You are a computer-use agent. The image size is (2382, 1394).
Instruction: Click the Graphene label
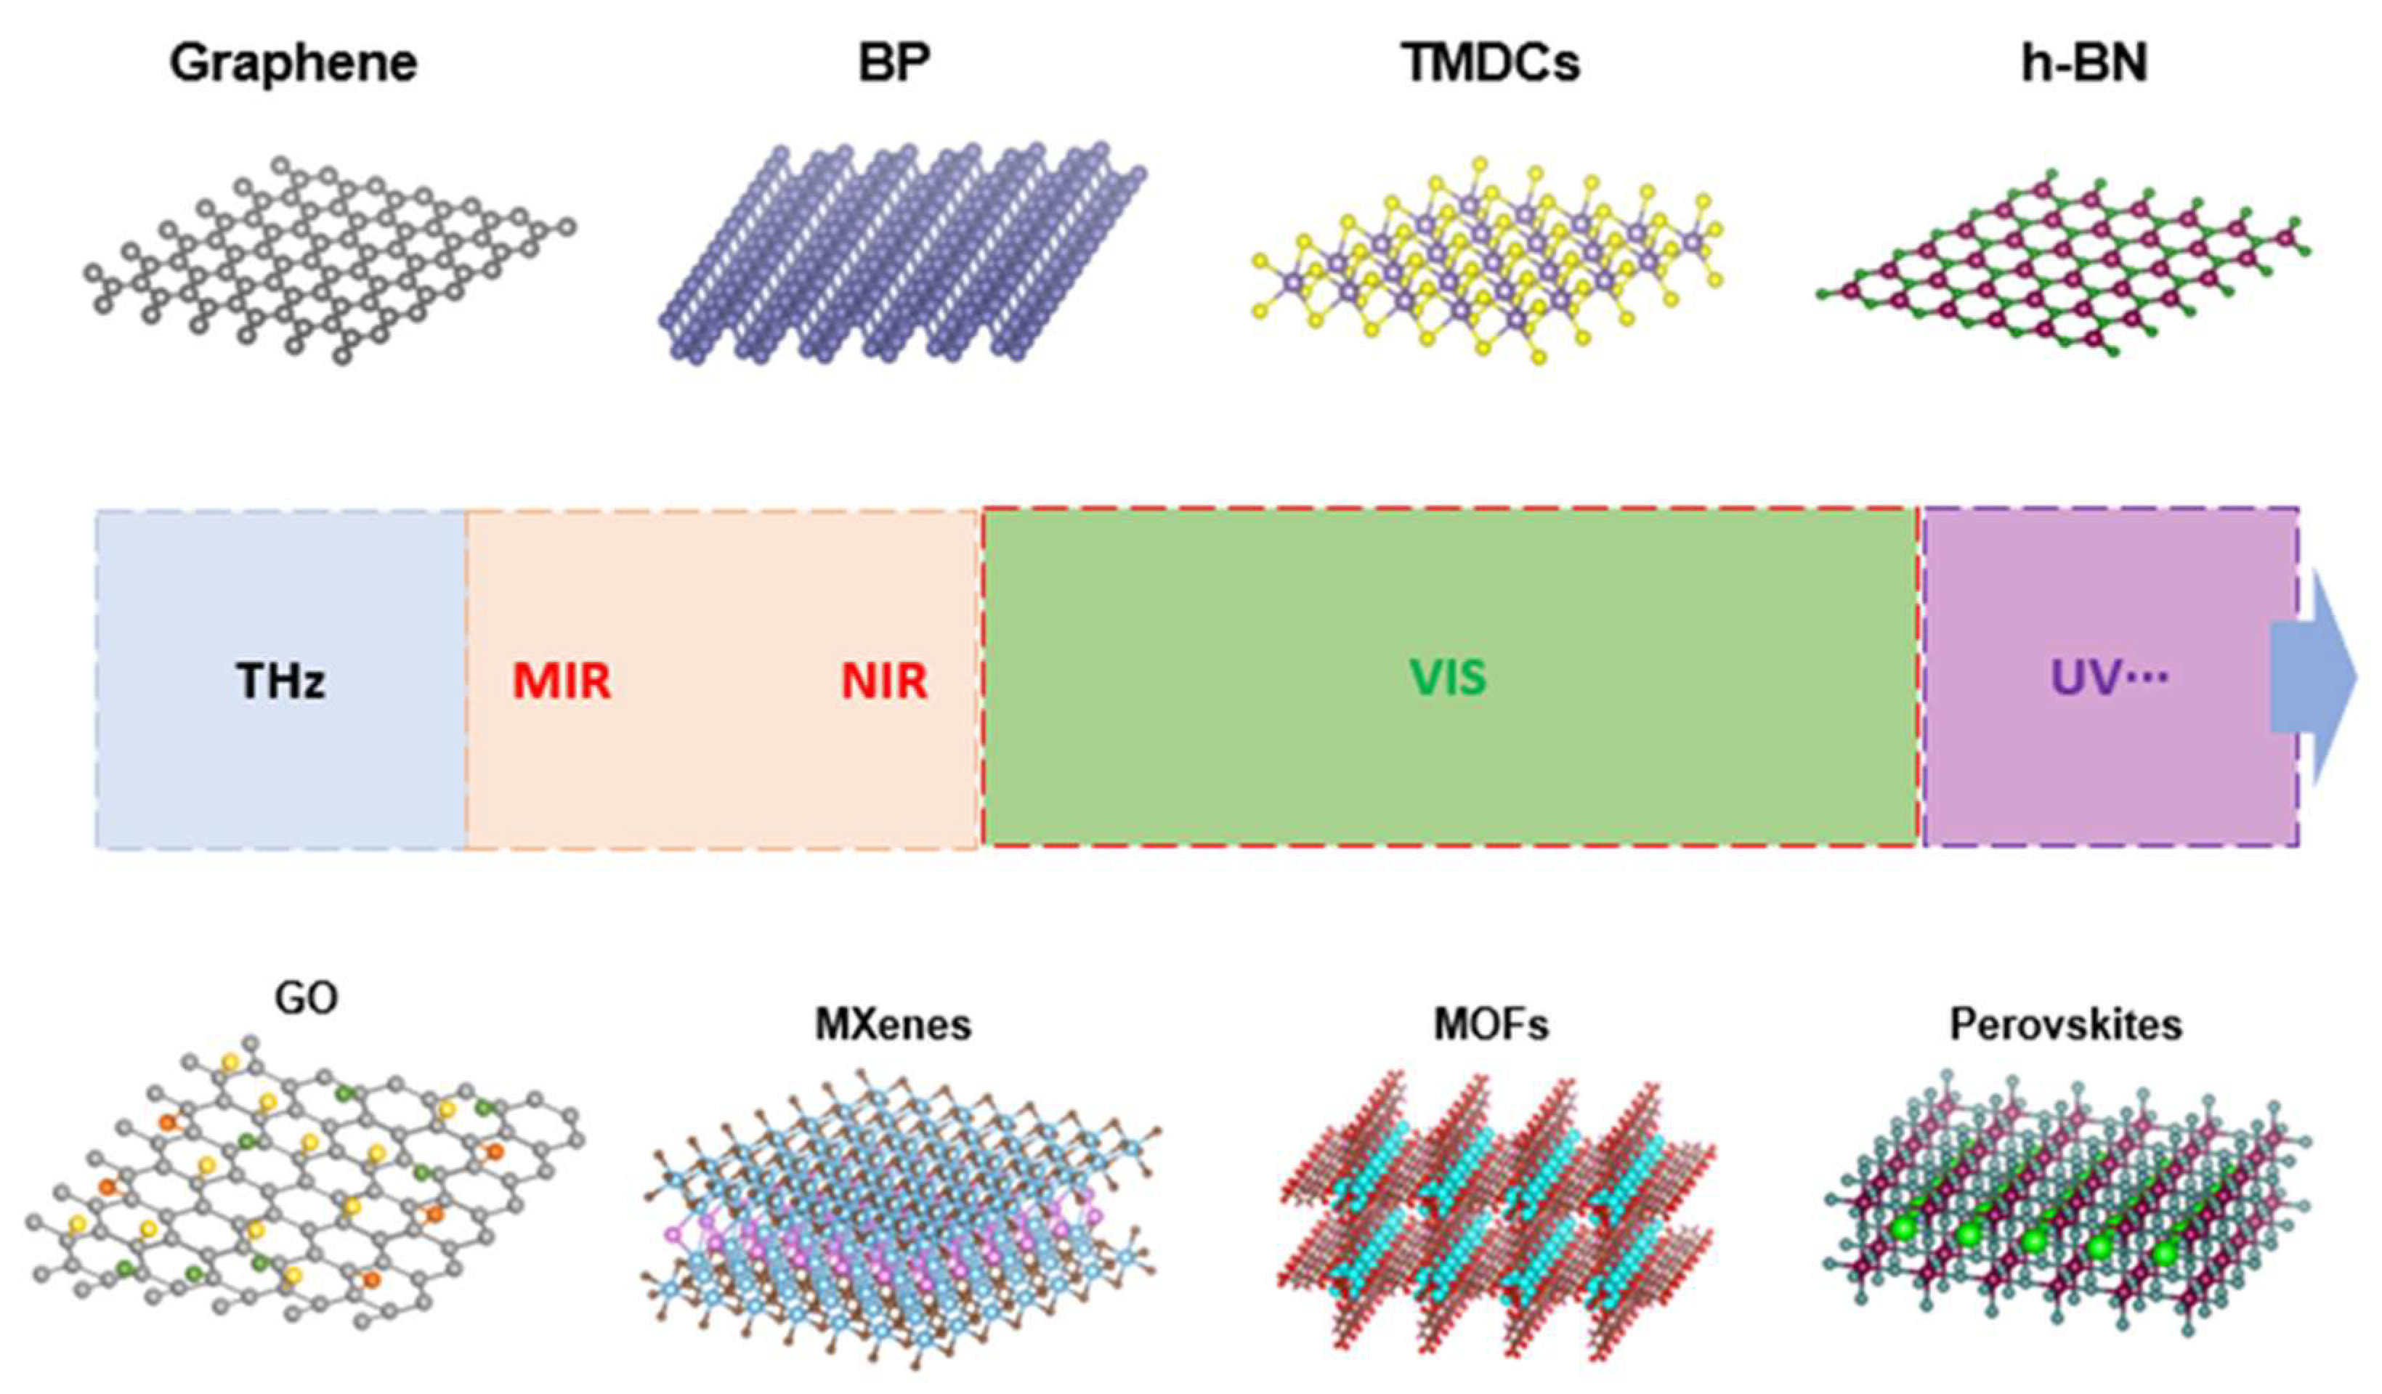(293, 64)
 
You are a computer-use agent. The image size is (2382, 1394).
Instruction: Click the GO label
(305, 998)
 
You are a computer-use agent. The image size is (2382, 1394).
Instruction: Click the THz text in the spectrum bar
(280, 681)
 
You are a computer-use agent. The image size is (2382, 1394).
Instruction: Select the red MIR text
(562, 681)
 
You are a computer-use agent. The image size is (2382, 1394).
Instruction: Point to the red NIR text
(884, 681)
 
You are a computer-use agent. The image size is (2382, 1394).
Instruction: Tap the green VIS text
(1448, 678)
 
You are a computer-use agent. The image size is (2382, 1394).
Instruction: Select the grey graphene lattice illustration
(331, 260)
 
